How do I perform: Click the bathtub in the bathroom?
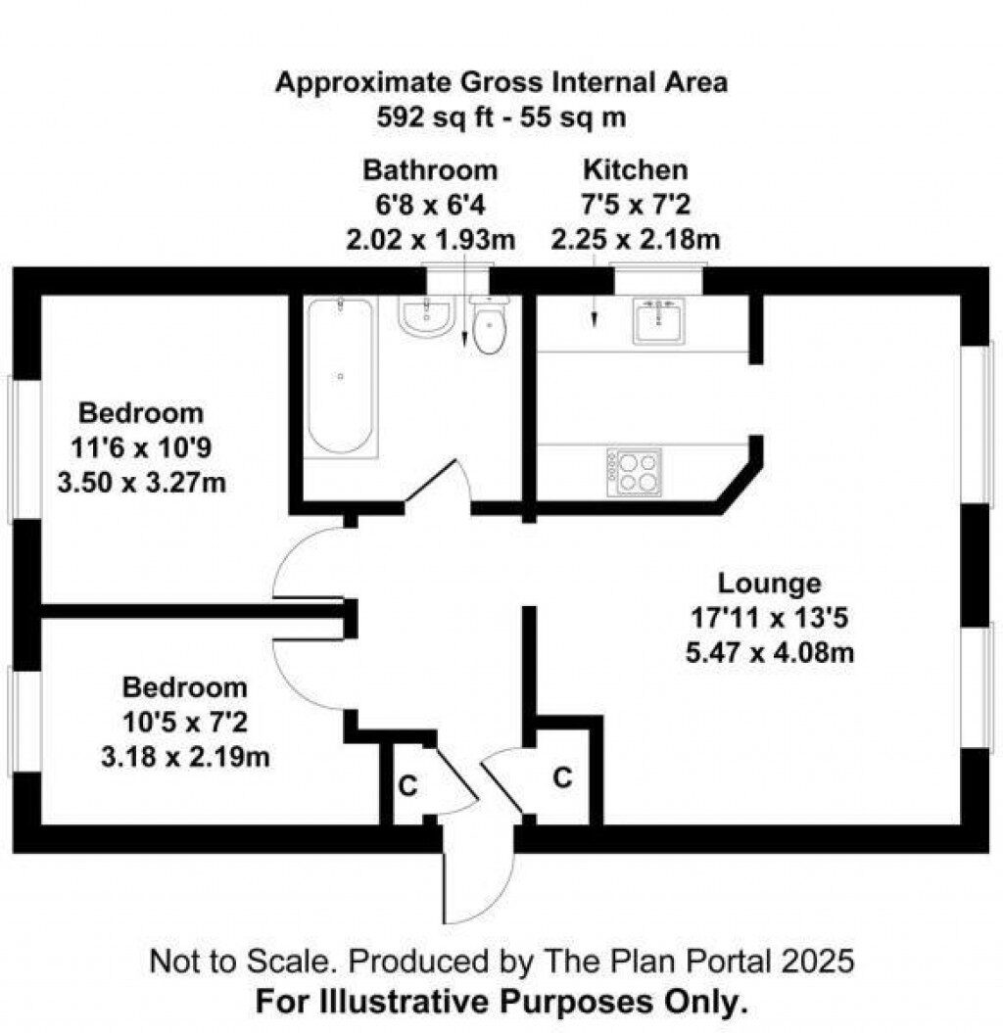339,375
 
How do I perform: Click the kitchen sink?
658,320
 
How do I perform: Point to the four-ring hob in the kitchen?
634,472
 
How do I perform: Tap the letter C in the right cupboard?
562,777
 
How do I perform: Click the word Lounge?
769,584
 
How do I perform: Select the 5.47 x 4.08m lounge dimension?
769,651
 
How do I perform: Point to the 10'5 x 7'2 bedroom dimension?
184,722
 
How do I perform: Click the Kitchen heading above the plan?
635,169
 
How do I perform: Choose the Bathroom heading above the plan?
430,169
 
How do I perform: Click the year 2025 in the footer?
817,961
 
